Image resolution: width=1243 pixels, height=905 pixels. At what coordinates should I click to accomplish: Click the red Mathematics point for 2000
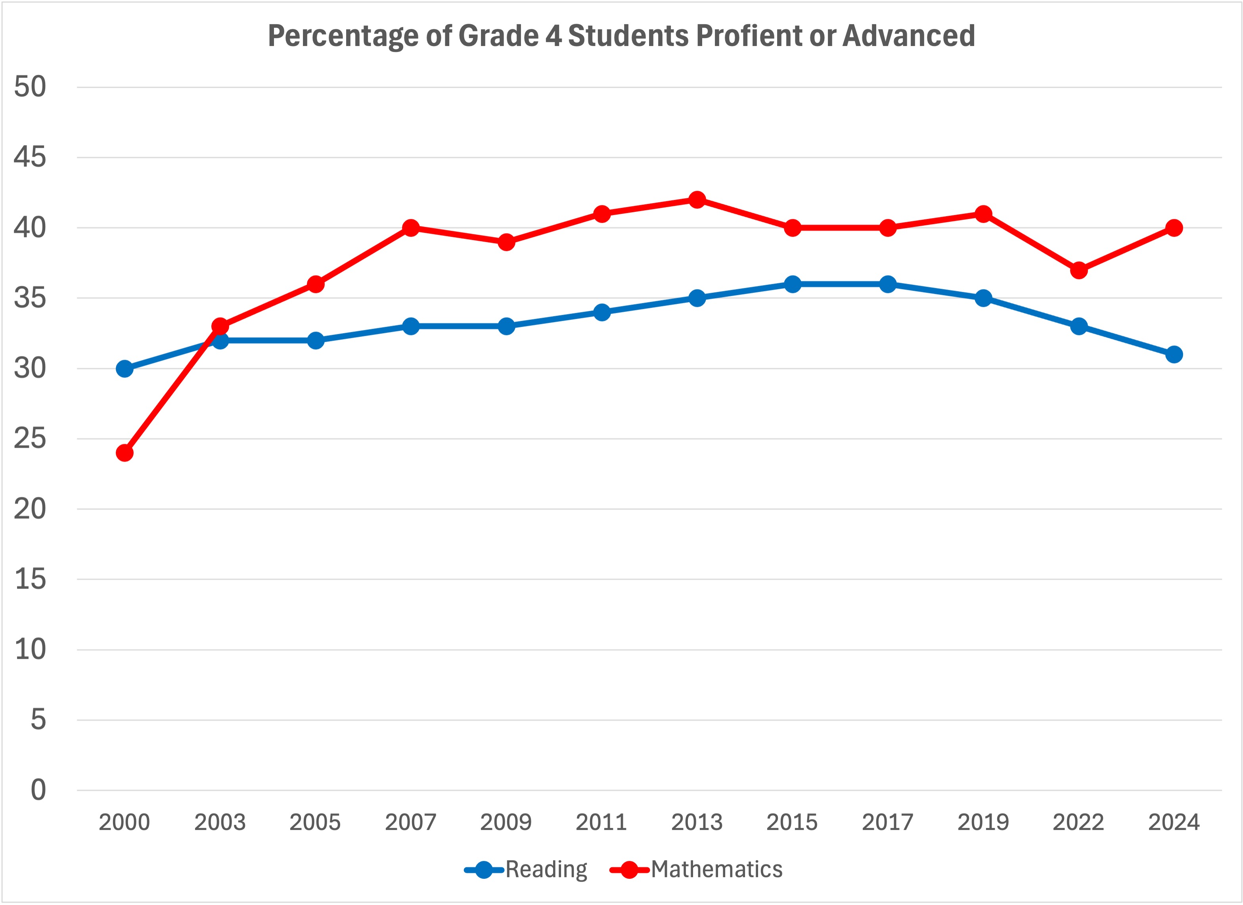coord(124,453)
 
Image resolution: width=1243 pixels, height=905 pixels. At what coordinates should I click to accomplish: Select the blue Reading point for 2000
coord(124,368)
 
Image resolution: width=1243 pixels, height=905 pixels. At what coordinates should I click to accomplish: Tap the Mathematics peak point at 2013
coord(697,199)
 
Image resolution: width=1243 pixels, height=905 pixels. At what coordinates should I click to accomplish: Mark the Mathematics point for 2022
coord(1078,270)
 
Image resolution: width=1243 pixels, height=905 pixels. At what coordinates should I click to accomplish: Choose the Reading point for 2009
coord(506,326)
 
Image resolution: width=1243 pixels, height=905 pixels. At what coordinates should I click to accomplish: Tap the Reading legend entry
coord(526,869)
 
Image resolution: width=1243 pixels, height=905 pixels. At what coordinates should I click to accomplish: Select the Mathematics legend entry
coord(696,869)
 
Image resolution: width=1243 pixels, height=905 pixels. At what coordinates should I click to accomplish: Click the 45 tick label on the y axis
coord(30,158)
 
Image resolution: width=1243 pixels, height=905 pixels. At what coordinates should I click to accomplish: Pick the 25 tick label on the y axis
coord(30,439)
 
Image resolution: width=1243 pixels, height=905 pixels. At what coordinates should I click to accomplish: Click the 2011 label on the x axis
coord(601,822)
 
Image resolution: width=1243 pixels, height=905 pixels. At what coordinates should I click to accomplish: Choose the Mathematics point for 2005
coord(315,284)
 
